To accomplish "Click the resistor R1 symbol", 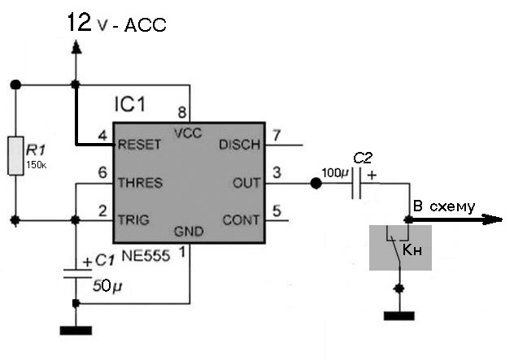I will tap(15, 155).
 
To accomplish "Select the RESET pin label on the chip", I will tap(139, 145).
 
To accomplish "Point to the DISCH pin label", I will tap(239, 145).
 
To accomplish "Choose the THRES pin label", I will tap(140, 183).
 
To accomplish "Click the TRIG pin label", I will tap(135, 219).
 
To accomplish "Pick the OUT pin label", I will tap(246, 183).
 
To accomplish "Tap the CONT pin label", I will tap(242, 219).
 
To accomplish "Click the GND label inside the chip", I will tap(188, 232).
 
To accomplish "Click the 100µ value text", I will tap(334, 173).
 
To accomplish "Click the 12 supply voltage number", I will tap(79, 22).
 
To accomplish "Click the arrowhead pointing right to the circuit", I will tap(493, 219).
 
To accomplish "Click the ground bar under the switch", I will tap(399, 316).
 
